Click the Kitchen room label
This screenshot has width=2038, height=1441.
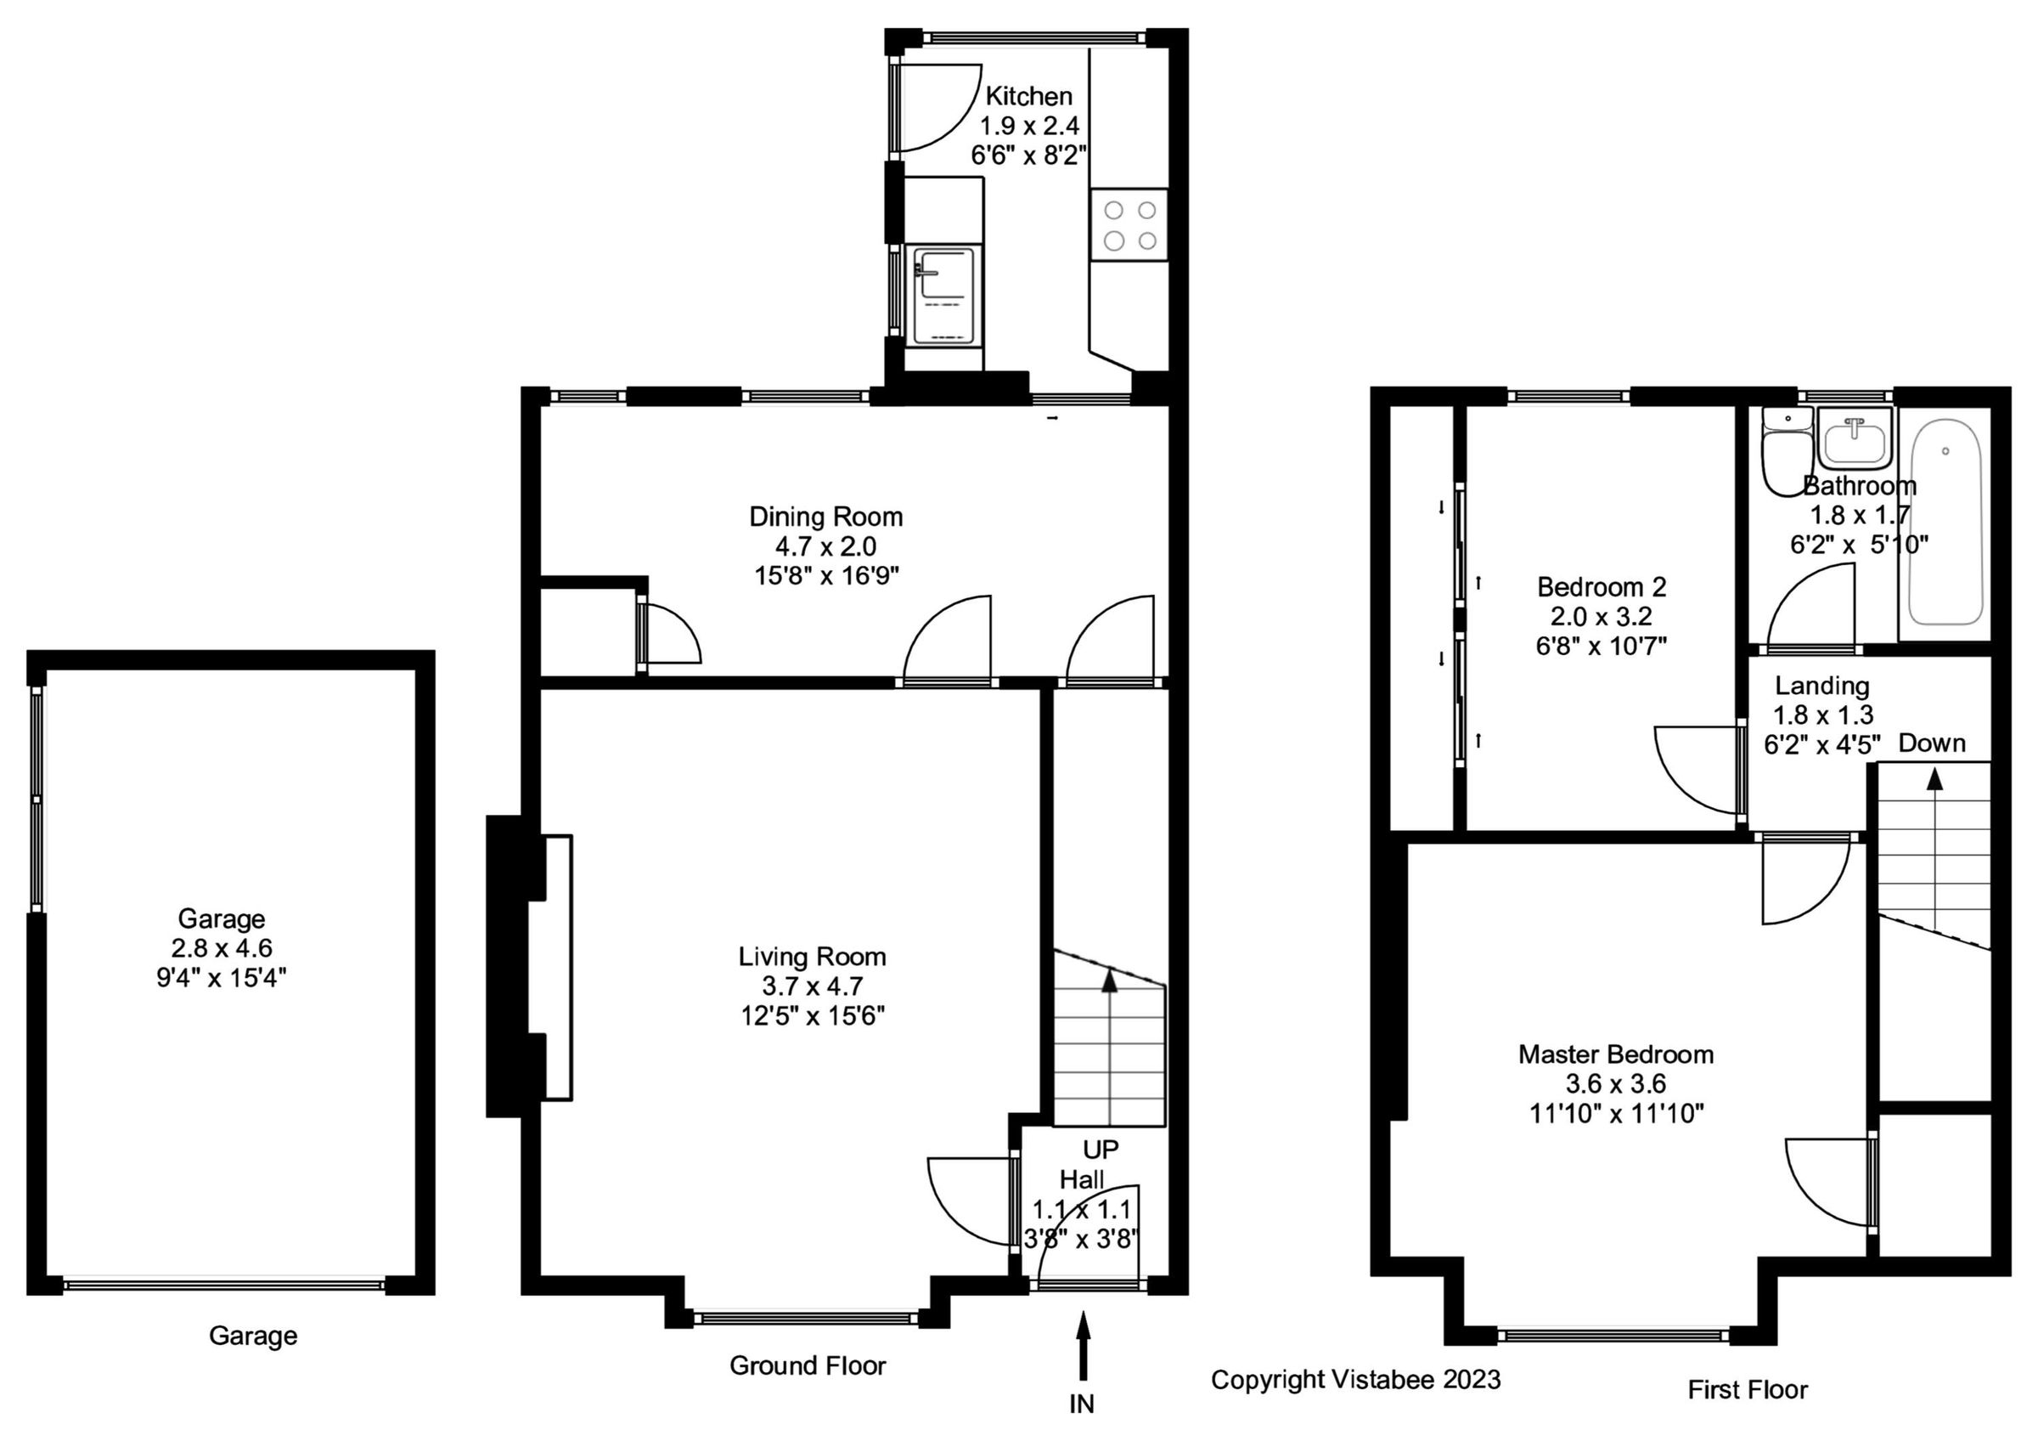pyautogui.click(x=1028, y=96)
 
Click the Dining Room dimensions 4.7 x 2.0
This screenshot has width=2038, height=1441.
pyautogui.click(x=825, y=546)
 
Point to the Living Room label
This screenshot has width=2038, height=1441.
pyautogui.click(x=812, y=956)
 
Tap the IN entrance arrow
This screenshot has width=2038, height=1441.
pyautogui.click(x=1082, y=1349)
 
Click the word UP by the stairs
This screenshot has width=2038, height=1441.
pyautogui.click(x=1101, y=1150)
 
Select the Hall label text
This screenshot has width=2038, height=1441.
pyautogui.click(x=1082, y=1180)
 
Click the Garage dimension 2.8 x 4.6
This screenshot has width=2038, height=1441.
pyautogui.click(x=221, y=948)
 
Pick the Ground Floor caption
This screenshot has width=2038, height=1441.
pyautogui.click(x=807, y=1365)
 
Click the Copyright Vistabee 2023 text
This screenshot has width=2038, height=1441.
pyautogui.click(x=1355, y=1380)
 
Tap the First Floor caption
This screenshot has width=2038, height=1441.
pyautogui.click(x=1747, y=1389)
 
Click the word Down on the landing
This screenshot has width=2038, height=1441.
pyautogui.click(x=1932, y=743)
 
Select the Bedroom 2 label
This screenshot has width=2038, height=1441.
pyautogui.click(x=1602, y=587)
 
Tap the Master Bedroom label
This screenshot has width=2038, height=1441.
pyautogui.click(x=1615, y=1054)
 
